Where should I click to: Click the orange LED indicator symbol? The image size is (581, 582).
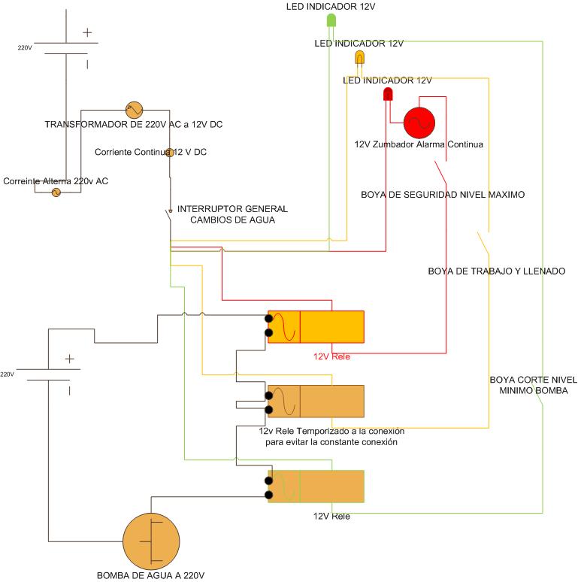(359, 58)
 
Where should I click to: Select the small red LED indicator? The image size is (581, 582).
(388, 95)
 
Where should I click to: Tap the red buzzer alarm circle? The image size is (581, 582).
(419, 123)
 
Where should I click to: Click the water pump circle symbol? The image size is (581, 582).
(152, 541)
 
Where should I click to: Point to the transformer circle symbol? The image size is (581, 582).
(134, 110)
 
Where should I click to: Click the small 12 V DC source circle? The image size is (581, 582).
(170, 153)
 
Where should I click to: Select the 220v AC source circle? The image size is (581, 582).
(55, 192)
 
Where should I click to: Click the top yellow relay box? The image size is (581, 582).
(316, 327)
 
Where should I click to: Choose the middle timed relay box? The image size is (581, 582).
(316, 402)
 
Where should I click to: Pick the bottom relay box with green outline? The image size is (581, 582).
(316, 487)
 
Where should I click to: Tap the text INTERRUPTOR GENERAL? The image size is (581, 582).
(231, 208)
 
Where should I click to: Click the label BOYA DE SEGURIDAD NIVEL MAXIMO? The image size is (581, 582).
(443, 195)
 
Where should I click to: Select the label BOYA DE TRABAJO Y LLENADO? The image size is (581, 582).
(496, 271)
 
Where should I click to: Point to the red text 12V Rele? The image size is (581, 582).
(331, 356)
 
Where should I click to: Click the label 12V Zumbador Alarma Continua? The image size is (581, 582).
(418, 144)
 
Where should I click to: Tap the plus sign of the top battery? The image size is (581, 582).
(87, 32)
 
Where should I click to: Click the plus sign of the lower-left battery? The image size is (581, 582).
(69, 359)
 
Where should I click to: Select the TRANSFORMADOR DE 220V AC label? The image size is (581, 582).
(134, 124)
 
